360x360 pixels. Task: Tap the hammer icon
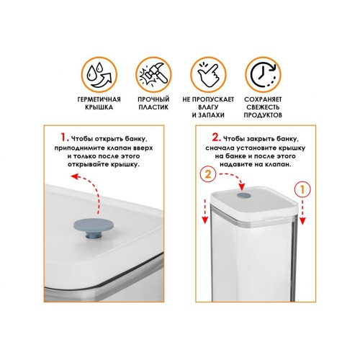coord(153,75)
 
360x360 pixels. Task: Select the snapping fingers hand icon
coord(208,75)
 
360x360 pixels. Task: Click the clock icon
coord(263,75)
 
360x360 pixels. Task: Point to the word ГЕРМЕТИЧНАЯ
coord(99,99)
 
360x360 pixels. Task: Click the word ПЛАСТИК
coord(153,107)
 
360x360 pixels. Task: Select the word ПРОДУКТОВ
coord(263,115)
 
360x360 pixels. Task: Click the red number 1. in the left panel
coord(64,138)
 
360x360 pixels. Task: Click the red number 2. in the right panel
coord(216,138)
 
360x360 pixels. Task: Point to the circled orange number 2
coord(208,174)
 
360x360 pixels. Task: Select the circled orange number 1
coord(302,189)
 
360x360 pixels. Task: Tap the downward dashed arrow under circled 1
coord(302,212)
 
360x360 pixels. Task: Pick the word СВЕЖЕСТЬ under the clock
coord(263,107)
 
